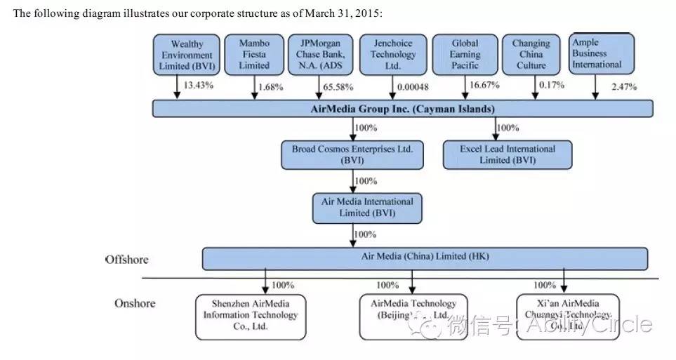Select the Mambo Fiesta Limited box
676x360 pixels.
tap(254, 55)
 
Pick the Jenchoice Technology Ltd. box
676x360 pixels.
tap(393, 55)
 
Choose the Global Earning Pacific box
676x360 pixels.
tap(465, 55)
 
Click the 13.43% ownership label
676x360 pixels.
tap(198, 86)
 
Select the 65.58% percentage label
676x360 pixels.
tap(338, 87)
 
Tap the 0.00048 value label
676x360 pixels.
tap(412, 87)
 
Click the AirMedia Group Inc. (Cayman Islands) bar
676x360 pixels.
tap(402, 109)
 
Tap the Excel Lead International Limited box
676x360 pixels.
tap(507, 154)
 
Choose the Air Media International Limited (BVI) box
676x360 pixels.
tap(366, 207)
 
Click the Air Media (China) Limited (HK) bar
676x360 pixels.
tap(425, 258)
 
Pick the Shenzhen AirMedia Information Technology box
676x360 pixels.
tap(250, 316)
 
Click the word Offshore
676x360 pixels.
tap(127, 260)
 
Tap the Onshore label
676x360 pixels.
tap(134, 303)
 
